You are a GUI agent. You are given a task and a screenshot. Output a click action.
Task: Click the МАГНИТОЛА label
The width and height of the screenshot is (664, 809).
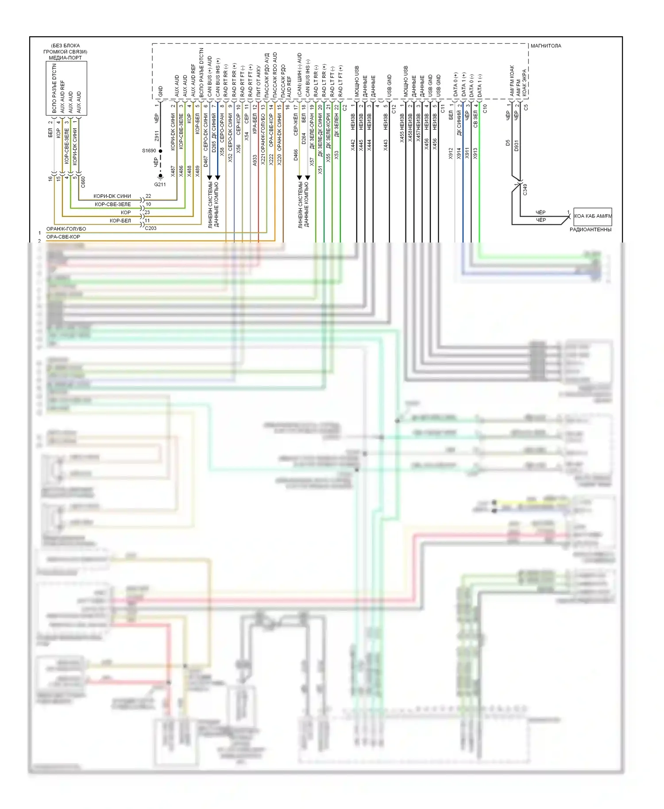pos(545,46)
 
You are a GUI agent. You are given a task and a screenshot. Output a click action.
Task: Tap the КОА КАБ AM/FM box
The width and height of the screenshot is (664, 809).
pos(593,216)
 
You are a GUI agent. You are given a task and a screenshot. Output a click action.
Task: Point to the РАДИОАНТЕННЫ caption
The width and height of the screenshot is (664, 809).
pos(590,230)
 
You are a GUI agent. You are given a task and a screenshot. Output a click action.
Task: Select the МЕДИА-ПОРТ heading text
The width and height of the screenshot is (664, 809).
pos(66,58)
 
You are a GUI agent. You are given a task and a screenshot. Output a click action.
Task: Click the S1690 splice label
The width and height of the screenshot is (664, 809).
pos(149,150)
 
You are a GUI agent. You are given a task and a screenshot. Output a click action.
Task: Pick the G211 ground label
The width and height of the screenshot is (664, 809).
pos(160,184)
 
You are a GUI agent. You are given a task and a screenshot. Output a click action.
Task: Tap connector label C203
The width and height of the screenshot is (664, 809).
pos(151,228)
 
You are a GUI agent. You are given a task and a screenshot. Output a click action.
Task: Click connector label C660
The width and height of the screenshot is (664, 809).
pos(83,181)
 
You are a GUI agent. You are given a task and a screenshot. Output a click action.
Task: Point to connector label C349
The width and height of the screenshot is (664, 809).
pos(525,189)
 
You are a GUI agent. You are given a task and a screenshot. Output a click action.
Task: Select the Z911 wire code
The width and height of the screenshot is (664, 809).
pos(156,136)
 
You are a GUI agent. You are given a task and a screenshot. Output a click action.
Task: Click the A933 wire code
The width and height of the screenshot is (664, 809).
pos(255,160)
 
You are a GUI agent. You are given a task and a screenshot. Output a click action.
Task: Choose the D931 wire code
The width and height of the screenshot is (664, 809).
pos(516,146)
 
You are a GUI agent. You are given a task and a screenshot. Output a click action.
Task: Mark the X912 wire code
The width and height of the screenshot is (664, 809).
pos(451,153)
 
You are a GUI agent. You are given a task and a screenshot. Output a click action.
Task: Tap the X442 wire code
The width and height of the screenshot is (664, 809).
pos(353,145)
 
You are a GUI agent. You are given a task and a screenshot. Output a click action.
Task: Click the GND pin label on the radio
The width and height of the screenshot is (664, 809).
pos(160,91)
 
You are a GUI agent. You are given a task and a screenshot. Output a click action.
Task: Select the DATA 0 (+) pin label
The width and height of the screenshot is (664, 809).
pos(456,84)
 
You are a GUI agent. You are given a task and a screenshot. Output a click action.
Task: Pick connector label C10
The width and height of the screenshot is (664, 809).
pos(485,108)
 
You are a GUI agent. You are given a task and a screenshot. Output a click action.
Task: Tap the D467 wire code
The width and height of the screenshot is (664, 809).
pos(206,161)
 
